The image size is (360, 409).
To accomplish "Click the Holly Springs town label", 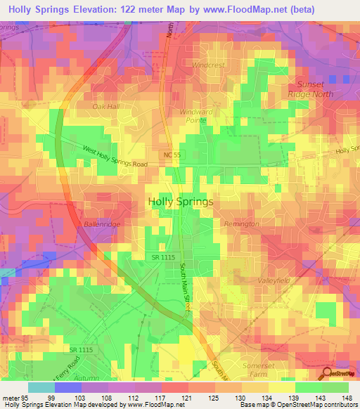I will click(x=181, y=201).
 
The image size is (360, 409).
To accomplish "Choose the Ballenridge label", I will click(x=103, y=223).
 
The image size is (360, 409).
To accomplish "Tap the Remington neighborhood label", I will click(x=241, y=224).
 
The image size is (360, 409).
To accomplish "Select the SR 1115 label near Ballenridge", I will click(x=157, y=259).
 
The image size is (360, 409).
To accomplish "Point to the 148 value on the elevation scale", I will click(x=347, y=398).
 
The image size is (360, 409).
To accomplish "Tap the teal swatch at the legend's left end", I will click(x=41, y=387).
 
